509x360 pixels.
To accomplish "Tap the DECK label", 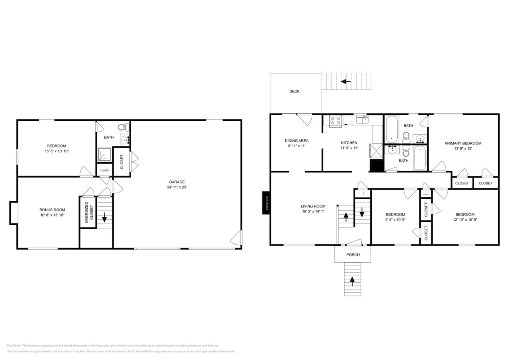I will (x=294, y=91).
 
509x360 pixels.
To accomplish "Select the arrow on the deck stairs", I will (x=346, y=82).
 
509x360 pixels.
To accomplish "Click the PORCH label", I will (x=353, y=255).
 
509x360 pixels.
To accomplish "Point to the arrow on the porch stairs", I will (x=353, y=281).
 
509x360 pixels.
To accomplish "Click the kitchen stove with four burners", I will (x=335, y=121).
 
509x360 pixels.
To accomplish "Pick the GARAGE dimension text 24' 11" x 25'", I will (x=176, y=187).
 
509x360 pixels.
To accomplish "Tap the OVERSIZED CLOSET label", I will (x=88, y=212).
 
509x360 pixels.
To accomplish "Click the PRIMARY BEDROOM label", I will (x=463, y=143).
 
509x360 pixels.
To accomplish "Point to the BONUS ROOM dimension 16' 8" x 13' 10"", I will (x=52, y=215).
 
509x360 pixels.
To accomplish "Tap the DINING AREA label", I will (x=297, y=141).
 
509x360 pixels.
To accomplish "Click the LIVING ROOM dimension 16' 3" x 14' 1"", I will (x=313, y=212).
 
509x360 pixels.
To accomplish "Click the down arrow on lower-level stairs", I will (x=104, y=217).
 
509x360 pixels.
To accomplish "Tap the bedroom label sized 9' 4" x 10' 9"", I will (x=395, y=214).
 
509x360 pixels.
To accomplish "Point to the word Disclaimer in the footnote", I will (x=14, y=346).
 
